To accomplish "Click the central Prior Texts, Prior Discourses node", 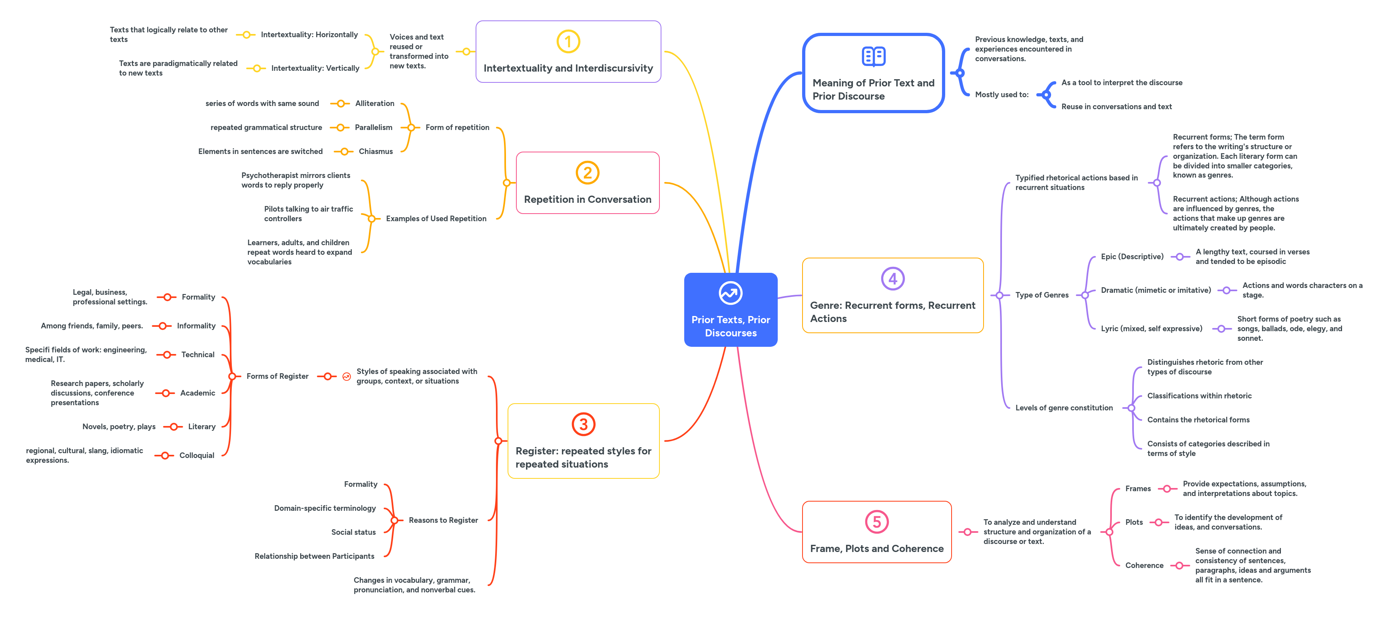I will tap(730, 310).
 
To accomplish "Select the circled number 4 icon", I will tap(892, 279).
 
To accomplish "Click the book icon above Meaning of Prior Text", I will tap(873, 56).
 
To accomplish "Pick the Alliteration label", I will tap(374, 104).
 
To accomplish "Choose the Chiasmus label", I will tap(376, 152).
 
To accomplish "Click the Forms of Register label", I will tap(277, 376).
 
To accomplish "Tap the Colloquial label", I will tap(197, 455).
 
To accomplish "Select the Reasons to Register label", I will tap(443, 520).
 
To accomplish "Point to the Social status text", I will tap(353, 532).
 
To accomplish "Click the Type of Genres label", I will tap(1042, 295).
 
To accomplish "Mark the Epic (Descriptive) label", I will tap(1131, 257).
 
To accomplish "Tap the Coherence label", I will tap(1144, 565).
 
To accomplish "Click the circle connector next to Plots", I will tap(1159, 522).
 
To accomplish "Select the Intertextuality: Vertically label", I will tap(315, 68).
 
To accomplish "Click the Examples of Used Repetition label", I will tap(436, 219).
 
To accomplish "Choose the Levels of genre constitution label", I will tap(1064, 408).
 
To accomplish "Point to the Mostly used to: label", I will tap(1001, 95).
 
